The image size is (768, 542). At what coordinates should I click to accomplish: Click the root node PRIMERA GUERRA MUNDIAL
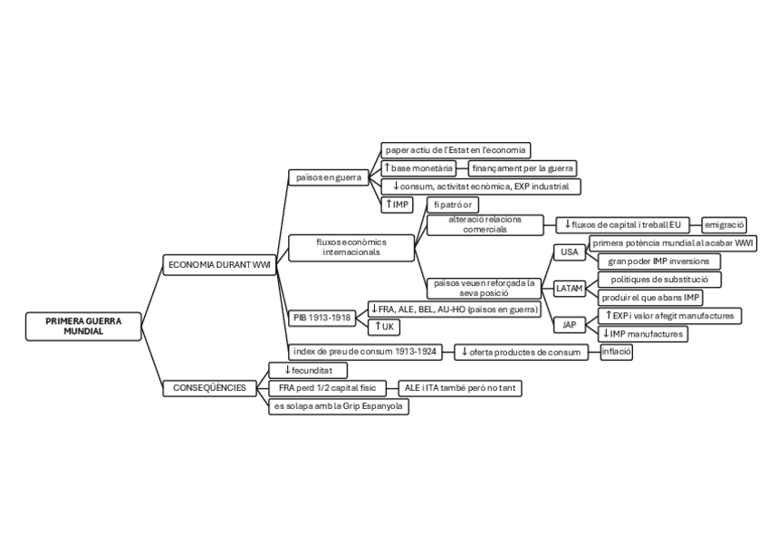83,327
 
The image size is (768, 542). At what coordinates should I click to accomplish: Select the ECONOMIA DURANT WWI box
217,265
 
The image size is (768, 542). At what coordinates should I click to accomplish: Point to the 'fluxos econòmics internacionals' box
350,247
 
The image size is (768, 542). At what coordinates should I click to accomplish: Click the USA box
569,252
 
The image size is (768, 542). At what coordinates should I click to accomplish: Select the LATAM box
570,288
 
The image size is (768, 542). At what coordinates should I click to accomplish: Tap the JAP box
569,324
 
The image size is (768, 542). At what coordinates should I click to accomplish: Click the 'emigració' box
725,223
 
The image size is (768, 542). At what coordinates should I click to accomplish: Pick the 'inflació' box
616,352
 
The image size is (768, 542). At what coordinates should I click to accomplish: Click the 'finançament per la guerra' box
523,168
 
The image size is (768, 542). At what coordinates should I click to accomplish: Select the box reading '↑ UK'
386,327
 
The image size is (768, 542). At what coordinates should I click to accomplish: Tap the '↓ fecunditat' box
308,370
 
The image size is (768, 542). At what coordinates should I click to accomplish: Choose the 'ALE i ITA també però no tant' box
460,388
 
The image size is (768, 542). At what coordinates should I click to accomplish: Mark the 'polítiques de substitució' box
659,280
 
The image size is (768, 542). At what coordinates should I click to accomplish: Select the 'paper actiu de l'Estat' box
455,150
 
